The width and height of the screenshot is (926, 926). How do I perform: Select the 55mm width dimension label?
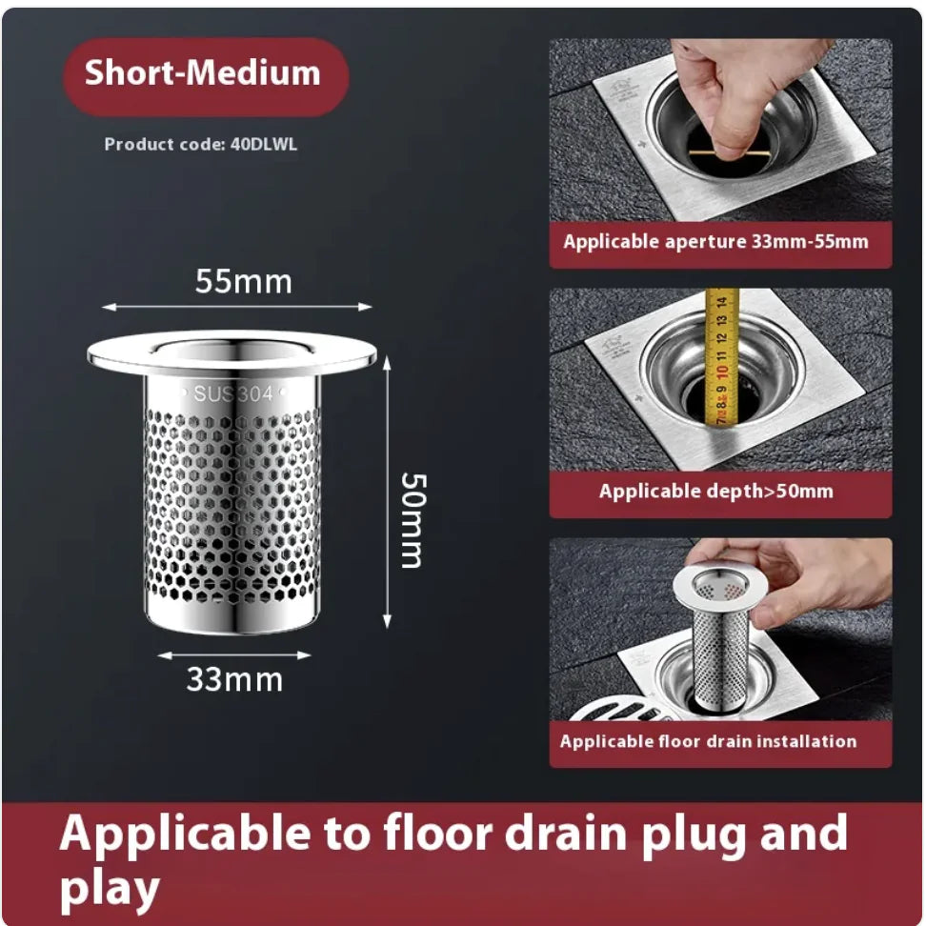click(243, 282)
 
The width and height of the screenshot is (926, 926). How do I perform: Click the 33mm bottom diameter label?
click(233, 680)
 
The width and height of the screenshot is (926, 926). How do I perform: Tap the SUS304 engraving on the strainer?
click(232, 393)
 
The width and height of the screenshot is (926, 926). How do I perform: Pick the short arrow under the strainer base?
click(233, 655)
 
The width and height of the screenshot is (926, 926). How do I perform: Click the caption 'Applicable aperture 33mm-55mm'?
click(715, 242)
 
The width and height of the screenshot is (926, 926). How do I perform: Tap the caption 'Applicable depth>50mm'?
click(715, 492)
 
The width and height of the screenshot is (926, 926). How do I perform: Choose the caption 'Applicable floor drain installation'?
click(708, 741)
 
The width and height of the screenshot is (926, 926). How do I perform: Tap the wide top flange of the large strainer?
click(231, 353)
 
